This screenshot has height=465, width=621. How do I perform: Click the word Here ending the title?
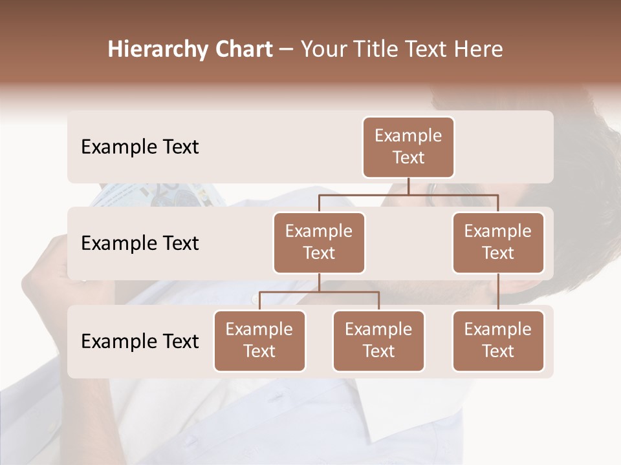(x=479, y=49)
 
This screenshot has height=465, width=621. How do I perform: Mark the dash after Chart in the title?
(x=287, y=49)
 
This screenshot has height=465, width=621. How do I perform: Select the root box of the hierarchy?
(x=408, y=147)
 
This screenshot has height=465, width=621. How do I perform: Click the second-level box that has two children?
(x=319, y=242)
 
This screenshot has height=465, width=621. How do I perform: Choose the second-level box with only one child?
(x=498, y=242)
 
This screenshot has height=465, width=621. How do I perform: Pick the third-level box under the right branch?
(x=498, y=340)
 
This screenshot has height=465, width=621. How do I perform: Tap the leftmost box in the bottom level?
(x=259, y=340)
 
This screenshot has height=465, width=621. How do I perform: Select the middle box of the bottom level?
(x=378, y=340)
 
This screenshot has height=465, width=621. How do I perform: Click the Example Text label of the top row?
(x=140, y=147)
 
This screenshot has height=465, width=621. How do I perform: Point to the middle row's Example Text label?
(x=140, y=243)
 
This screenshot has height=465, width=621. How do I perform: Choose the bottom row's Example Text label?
(x=140, y=342)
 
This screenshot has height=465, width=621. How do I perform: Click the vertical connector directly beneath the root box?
(x=408, y=186)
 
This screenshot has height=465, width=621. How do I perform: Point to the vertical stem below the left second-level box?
(x=319, y=282)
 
